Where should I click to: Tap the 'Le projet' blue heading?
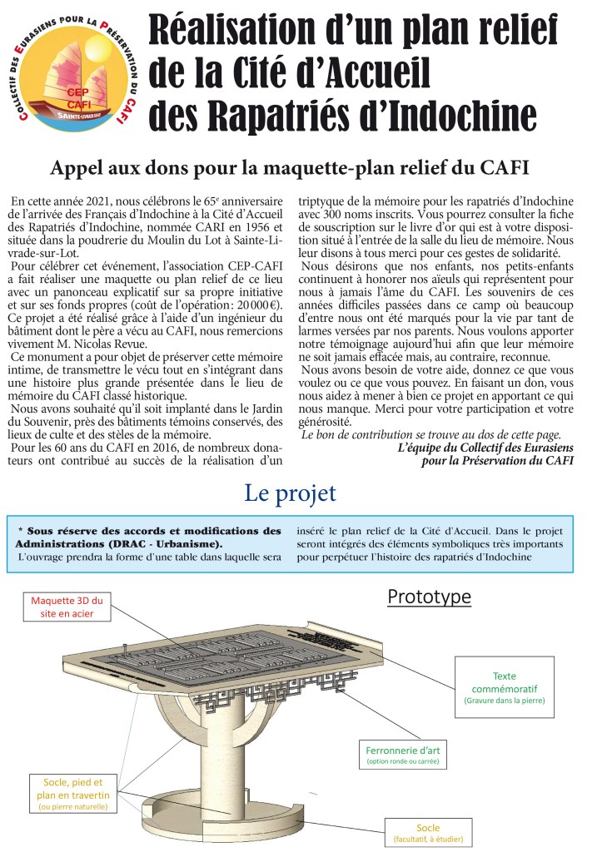tap(290, 493)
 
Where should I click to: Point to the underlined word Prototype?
tap(429, 597)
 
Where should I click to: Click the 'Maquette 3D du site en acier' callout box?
tap(67, 607)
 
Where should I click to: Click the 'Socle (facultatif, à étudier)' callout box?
tap(428, 831)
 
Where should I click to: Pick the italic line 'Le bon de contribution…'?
tap(430, 434)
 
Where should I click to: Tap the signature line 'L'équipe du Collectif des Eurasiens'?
tap(485, 447)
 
